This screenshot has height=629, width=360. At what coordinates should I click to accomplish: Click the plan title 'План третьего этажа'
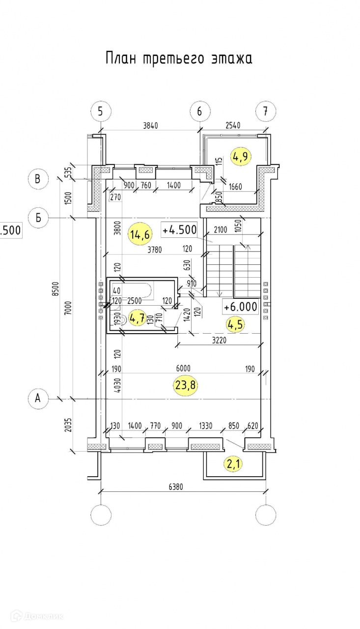(179, 58)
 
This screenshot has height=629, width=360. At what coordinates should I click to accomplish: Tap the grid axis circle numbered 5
(101, 112)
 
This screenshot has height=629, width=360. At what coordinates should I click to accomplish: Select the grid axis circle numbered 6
(200, 112)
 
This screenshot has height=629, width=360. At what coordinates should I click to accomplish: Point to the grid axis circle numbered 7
(266, 112)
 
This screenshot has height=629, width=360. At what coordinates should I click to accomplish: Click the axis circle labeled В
(37, 179)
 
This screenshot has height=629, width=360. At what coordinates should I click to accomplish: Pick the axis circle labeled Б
(37, 217)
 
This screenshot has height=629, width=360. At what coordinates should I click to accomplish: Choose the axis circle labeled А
(37, 399)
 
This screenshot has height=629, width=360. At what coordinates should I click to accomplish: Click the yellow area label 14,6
(139, 234)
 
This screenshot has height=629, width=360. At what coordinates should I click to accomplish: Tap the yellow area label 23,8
(186, 385)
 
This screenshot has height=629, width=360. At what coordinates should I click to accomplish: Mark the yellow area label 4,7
(137, 317)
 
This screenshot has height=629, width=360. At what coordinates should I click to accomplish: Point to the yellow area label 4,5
(235, 324)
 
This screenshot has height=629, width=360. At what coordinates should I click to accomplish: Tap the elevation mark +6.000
(240, 307)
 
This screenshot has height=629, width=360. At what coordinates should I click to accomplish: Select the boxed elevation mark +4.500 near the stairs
(179, 229)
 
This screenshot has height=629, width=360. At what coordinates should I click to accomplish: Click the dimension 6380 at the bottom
(179, 487)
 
